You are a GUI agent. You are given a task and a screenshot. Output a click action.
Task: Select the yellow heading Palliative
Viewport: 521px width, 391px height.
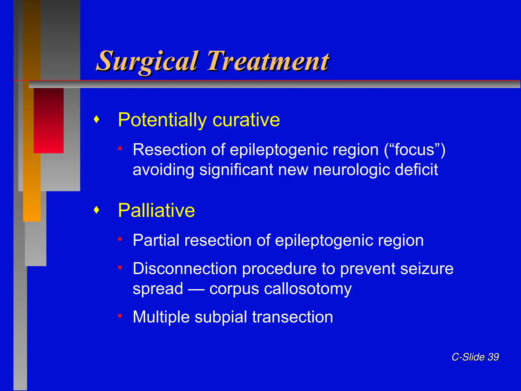(156, 211)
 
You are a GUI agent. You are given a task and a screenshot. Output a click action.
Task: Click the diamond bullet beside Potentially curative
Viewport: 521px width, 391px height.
(96, 119)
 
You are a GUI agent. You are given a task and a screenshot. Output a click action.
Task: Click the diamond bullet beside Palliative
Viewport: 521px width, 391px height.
(96, 210)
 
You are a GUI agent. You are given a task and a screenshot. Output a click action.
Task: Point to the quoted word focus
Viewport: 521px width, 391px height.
(414, 150)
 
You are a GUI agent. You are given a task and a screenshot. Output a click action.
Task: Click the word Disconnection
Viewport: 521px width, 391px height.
(185, 269)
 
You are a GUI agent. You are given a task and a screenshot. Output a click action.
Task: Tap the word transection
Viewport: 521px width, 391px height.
(293, 317)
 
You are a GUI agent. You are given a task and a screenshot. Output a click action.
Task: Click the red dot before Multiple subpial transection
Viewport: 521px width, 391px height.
(120, 316)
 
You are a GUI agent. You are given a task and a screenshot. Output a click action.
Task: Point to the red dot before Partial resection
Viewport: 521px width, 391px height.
(120, 239)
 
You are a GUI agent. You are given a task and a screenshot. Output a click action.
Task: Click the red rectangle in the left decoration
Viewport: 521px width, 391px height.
(48, 120)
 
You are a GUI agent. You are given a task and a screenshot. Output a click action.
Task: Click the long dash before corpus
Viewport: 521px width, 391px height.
(196, 289)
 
